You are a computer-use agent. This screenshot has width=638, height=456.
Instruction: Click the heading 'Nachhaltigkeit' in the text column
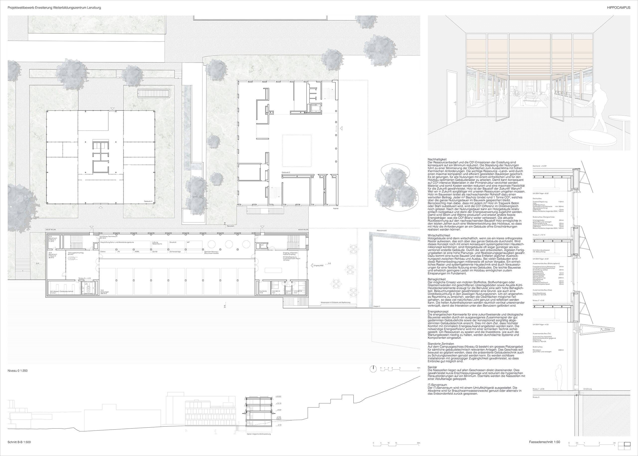(437, 160)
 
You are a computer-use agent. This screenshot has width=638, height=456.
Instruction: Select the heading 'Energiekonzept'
(438, 312)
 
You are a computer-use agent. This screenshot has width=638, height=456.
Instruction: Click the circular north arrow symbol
(373, 369)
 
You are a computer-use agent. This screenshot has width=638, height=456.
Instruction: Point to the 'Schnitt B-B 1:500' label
(19, 442)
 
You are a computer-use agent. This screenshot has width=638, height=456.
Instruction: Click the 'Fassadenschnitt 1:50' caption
(544, 442)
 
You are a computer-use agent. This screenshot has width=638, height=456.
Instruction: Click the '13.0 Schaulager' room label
(105, 291)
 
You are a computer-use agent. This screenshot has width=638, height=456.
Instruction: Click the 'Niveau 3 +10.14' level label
(538, 235)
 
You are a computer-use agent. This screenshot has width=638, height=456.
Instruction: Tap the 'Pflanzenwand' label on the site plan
(382, 231)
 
